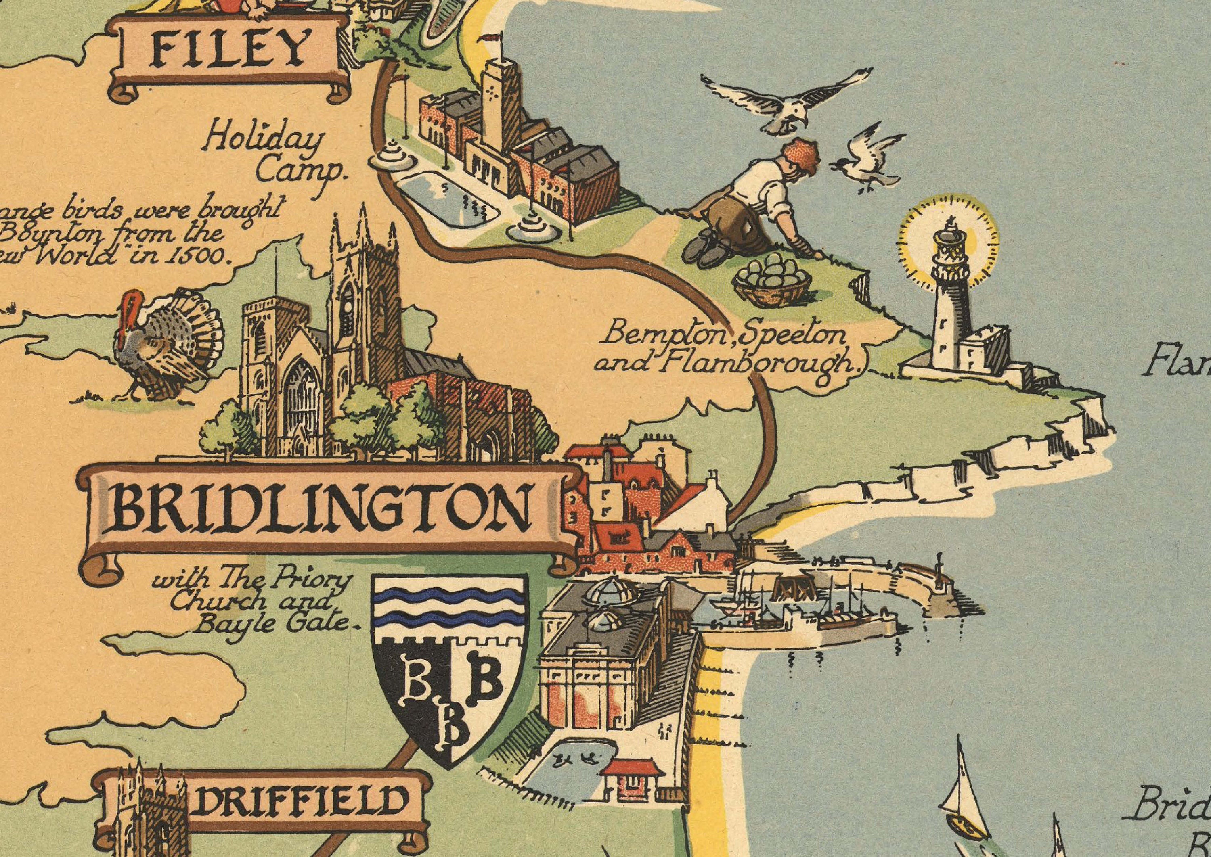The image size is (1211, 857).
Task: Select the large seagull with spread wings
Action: point(787,106)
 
